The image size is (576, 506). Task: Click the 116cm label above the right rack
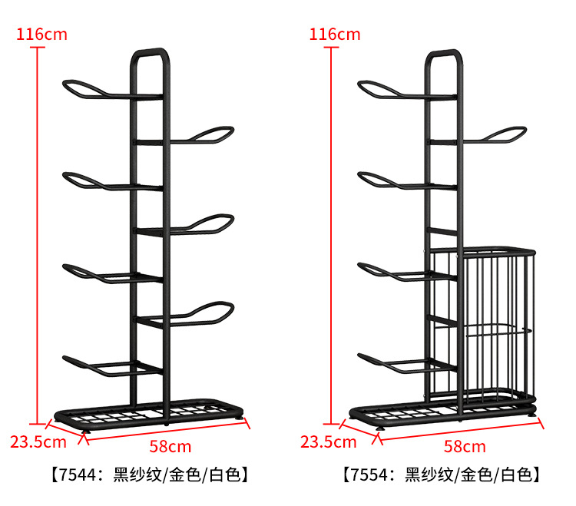coord(334,34)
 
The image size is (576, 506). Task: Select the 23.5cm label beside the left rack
coord(38,442)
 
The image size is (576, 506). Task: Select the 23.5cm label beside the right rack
coord(328,442)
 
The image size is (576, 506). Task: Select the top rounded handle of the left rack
coord(150,55)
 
